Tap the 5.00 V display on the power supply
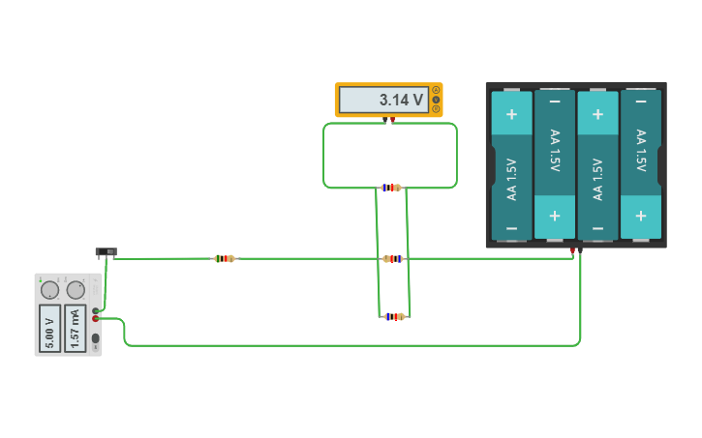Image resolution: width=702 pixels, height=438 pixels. coord(49,328)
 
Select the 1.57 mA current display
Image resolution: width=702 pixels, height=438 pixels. coord(76,328)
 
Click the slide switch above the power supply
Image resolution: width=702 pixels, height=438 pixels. coord(106,252)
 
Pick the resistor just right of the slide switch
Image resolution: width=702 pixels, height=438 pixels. coord(224,258)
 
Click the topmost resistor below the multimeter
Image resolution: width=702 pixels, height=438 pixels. coord(390,188)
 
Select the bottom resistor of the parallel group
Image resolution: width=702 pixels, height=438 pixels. coord(392,316)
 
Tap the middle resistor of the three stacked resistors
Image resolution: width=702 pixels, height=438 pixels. coord(392,258)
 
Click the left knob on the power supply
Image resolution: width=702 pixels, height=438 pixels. coord(49,289)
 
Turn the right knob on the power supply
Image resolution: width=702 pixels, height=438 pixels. coord(76,289)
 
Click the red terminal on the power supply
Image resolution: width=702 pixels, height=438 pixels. coord(95,318)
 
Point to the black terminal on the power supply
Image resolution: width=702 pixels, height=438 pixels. coord(95,310)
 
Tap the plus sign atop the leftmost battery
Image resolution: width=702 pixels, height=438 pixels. coord(511,114)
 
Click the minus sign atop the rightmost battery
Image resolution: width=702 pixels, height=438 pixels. coord(640,102)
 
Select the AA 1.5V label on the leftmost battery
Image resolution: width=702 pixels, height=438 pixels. coord(511,178)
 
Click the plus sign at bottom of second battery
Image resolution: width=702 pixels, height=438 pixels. coord(555,215)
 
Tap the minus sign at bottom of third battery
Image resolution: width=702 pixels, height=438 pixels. coord(597,228)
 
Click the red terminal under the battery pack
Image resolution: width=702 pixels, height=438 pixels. coord(572,251)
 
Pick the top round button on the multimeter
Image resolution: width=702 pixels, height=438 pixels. coord(436,90)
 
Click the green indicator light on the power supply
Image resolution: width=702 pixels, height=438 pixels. coord(41,279)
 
